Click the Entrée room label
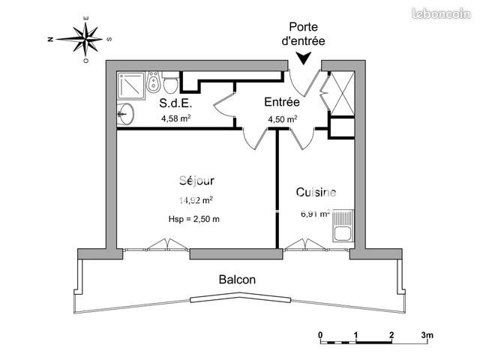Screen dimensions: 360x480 282,103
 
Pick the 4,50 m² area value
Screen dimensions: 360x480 283,118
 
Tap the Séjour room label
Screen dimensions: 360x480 197,181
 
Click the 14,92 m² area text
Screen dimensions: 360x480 196,200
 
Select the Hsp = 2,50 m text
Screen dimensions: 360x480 196,218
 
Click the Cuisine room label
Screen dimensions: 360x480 316,192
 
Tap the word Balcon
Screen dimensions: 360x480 237,279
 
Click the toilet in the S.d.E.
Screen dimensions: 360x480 170,80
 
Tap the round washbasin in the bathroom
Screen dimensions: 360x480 126,115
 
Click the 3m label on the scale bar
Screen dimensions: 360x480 428,334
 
